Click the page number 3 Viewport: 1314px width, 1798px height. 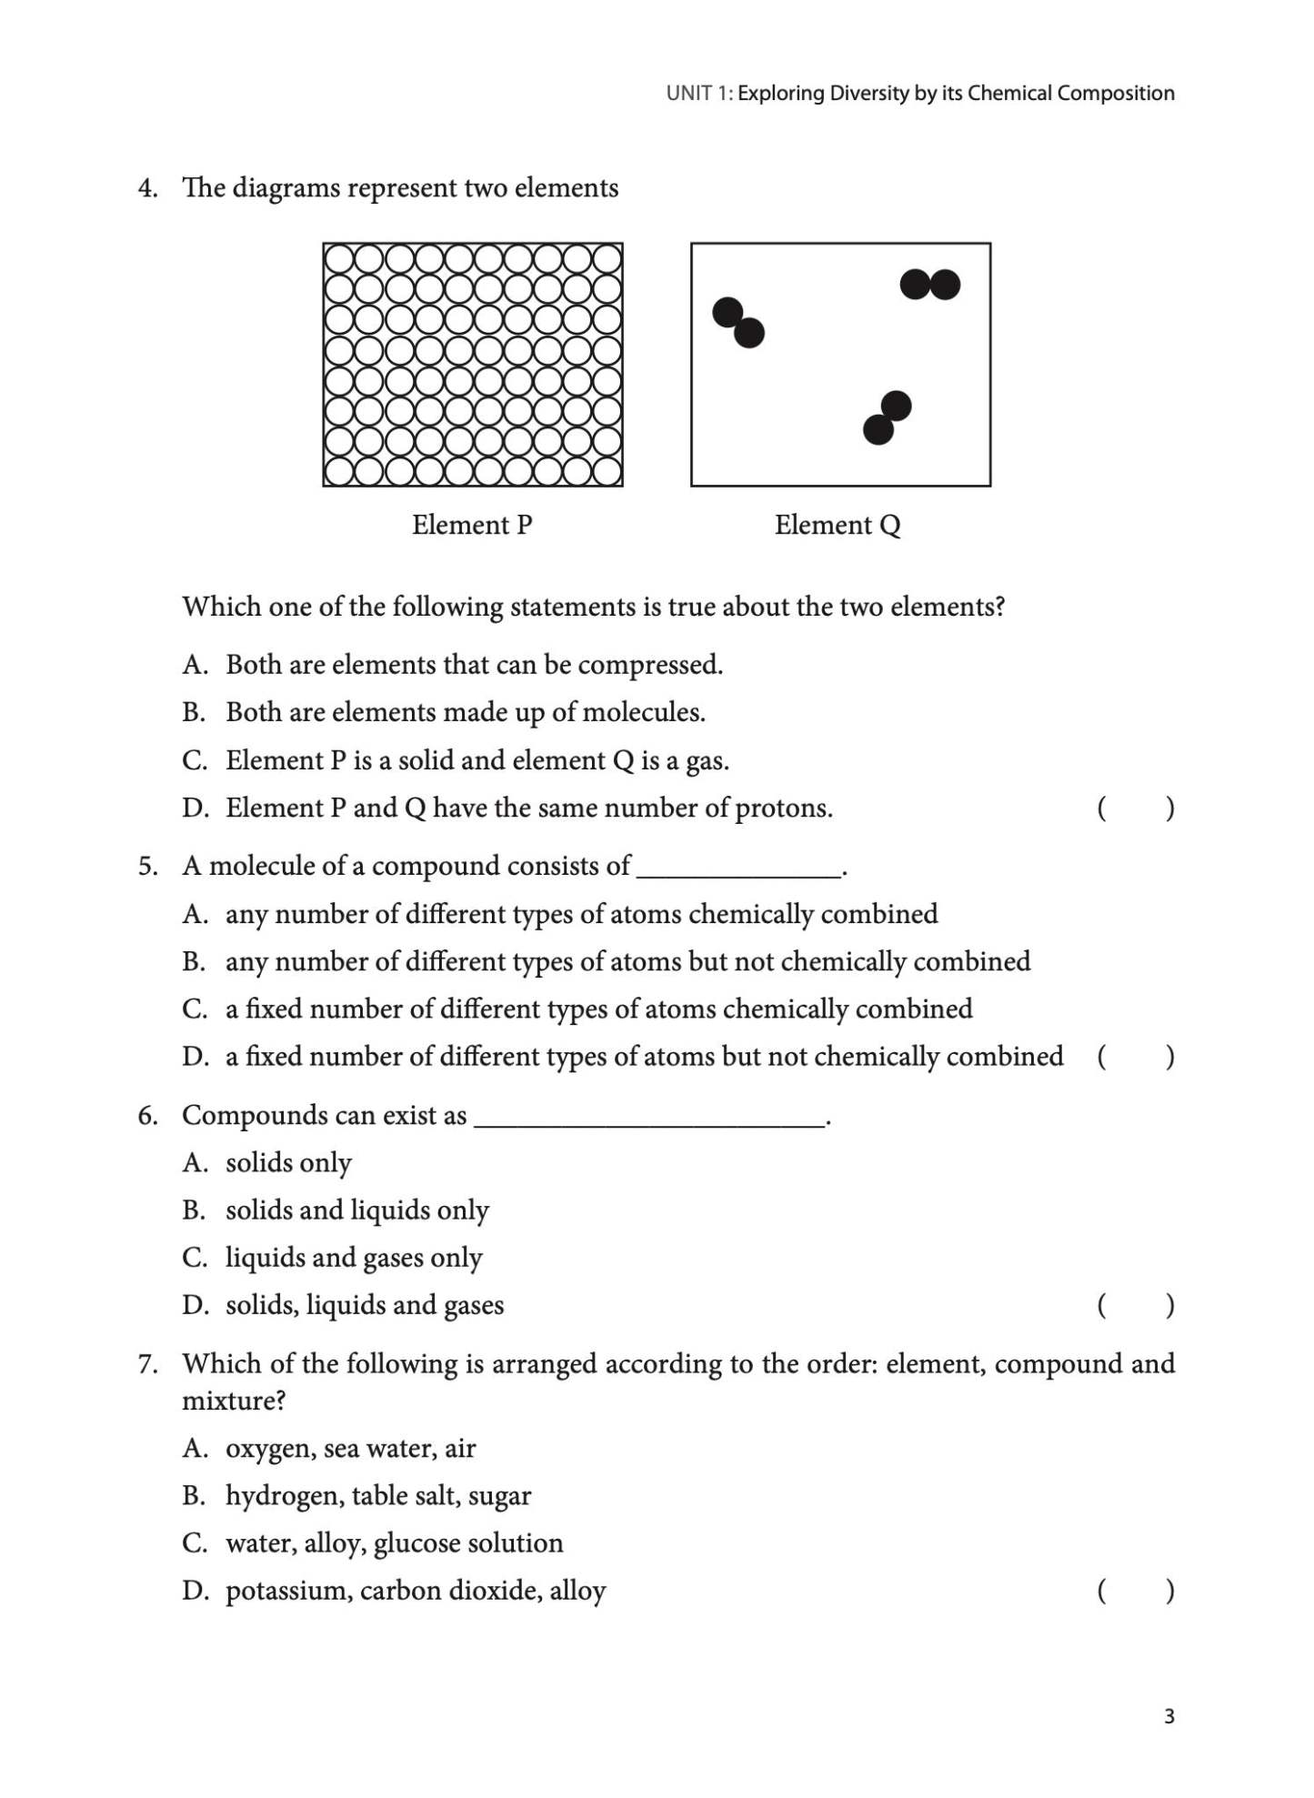(x=1169, y=1716)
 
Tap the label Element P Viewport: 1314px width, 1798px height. (x=471, y=525)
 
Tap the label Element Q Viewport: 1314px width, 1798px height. (x=837, y=525)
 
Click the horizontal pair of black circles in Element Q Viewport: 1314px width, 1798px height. (x=929, y=285)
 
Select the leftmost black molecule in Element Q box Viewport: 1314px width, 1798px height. (x=737, y=323)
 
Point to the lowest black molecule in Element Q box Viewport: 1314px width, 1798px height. (x=887, y=417)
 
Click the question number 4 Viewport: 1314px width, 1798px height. (x=147, y=188)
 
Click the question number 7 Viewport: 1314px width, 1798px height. (x=147, y=1363)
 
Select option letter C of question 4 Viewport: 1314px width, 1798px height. (x=194, y=760)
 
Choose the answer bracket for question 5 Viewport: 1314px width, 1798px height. (x=1135, y=1056)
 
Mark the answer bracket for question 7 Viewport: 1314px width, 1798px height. (x=1135, y=1590)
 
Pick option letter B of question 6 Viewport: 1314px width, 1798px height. (x=193, y=1210)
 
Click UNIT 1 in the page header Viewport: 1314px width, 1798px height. (x=698, y=94)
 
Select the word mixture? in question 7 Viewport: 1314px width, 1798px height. (x=234, y=1401)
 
